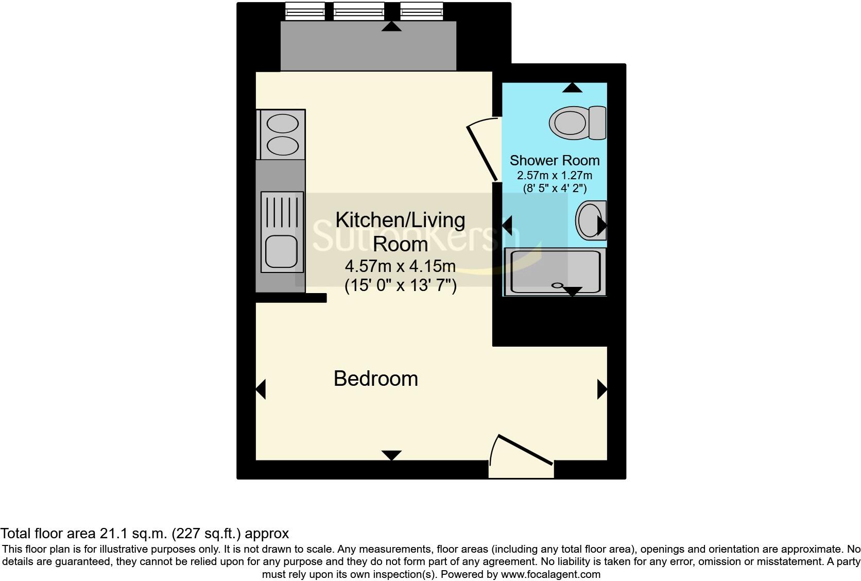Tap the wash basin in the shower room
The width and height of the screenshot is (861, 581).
pos(589,220)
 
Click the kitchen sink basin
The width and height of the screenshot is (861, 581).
pos(281,251)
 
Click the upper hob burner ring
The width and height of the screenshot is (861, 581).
pos(283,124)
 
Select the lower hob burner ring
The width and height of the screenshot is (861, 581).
pos(283,146)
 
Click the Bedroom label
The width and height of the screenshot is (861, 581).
pos(375,379)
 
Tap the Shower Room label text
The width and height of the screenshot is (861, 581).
pos(555,160)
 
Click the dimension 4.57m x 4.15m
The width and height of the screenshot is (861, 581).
pos(400,266)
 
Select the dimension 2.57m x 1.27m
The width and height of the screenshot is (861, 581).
pos(555,175)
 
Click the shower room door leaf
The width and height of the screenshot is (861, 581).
pos(482,153)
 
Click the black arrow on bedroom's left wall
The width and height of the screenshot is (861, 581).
pos(261,389)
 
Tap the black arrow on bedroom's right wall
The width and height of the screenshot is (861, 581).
pos(602,389)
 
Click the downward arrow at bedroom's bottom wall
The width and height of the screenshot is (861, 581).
pos(391,455)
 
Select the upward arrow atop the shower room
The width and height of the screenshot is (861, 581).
pos(572,88)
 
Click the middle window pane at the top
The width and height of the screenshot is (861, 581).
pos(359,11)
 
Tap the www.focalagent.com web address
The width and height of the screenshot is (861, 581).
pos(550,574)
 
